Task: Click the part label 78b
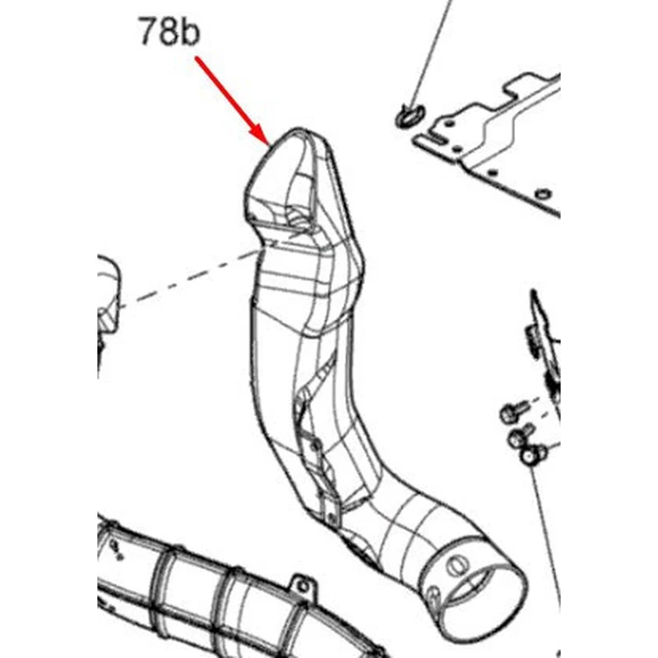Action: [169, 31]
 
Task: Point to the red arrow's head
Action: [261, 134]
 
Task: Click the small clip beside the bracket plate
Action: [409, 116]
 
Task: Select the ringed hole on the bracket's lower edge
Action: [543, 194]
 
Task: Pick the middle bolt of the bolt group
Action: [519, 435]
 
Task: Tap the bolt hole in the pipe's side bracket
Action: [316, 445]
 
